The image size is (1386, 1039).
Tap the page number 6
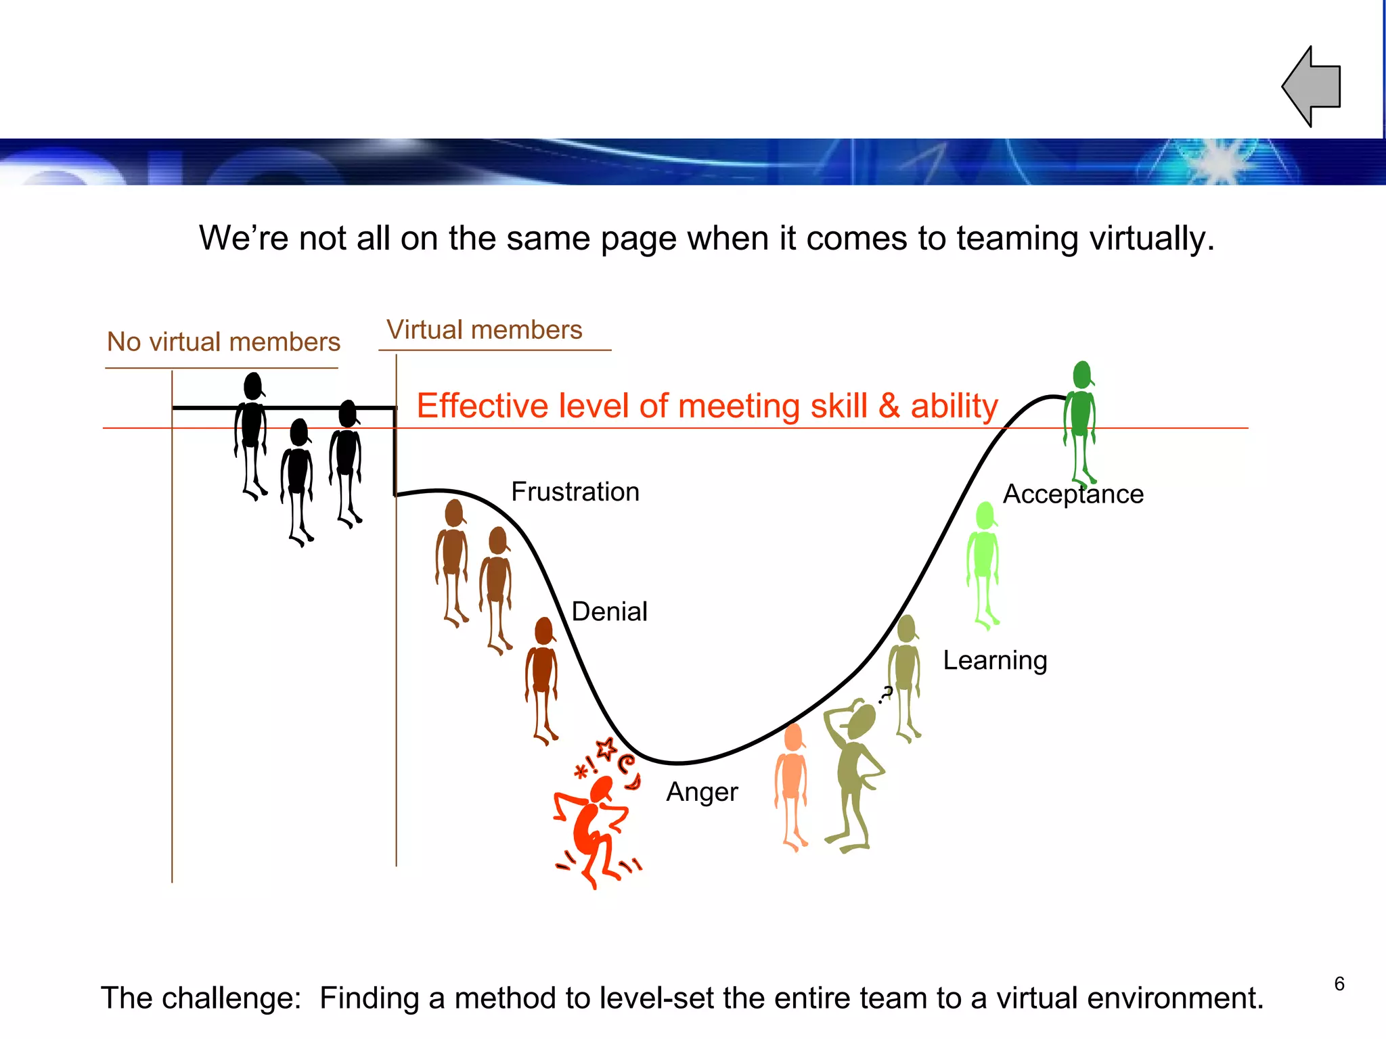pyautogui.click(x=1339, y=984)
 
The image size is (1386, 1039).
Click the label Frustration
pyautogui.click(x=575, y=492)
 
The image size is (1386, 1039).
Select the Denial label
pyautogui.click(x=609, y=611)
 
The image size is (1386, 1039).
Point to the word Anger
pyautogui.click(x=702, y=791)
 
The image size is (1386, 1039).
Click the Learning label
pyautogui.click(x=995, y=660)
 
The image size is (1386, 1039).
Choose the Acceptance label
pyautogui.click(x=1073, y=494)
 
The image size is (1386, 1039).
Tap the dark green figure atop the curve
pyautogui.click(x=1080, y=419)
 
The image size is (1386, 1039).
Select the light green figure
pyautogui.click(x=983, y=561)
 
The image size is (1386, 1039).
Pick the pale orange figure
pyautogui.click(x=791, y=785)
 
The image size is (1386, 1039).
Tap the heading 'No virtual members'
pyautogui.click(x=223, y=342)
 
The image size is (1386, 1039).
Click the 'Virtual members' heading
pyautogui.click(x=484, y=330)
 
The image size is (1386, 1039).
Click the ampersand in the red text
pyautogui.click(x=889, y=407)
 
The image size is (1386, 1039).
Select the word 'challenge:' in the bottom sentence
pyautogui.click(x=240, y=998)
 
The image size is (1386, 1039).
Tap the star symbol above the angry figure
pyautogui.click(x=606, y=749)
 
